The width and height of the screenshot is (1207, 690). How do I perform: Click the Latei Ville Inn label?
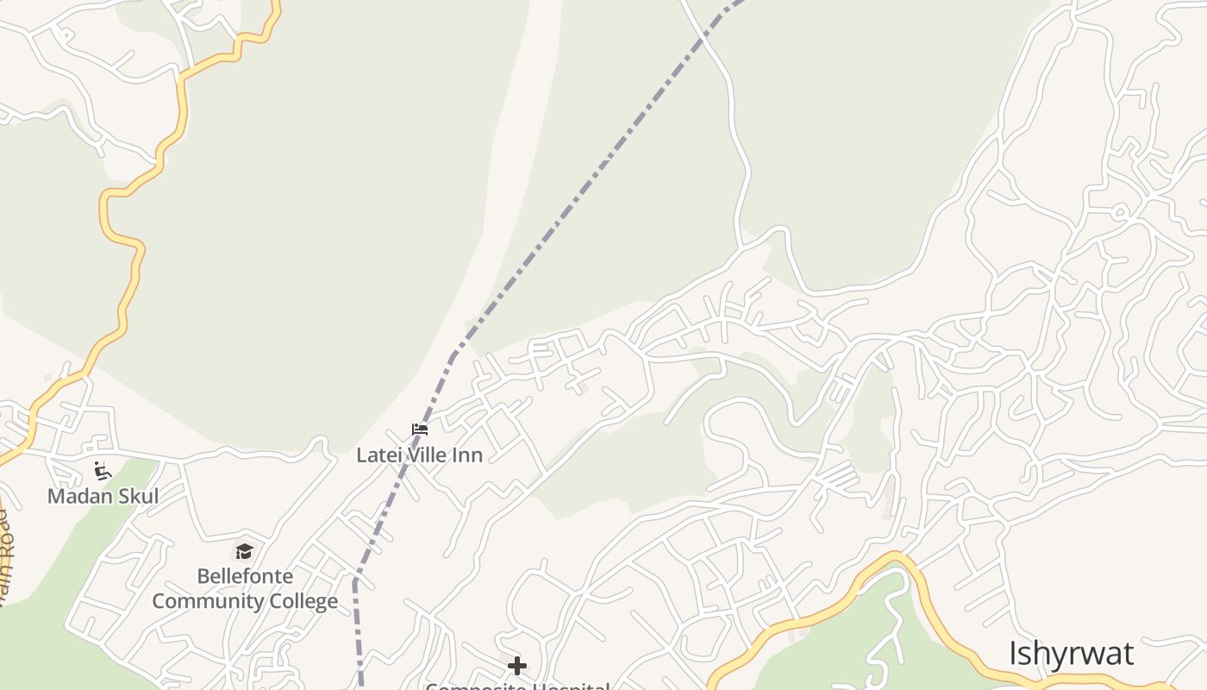point(420,455)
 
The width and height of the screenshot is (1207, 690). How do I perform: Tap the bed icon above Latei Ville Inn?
point(420,430)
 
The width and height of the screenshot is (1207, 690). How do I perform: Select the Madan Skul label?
point(103,496)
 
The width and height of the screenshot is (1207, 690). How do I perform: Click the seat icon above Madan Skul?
point(103,471)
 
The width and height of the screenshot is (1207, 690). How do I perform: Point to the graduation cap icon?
point(245,551)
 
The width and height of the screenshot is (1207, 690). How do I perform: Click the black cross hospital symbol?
point(517,666)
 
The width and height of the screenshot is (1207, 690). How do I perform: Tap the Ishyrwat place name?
point(1071,654)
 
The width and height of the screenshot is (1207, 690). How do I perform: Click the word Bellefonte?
point(245,576)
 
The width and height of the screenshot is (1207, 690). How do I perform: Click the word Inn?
point(469,455)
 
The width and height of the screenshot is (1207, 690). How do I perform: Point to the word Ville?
point(424,455)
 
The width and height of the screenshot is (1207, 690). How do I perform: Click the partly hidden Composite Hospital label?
point(517,686)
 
